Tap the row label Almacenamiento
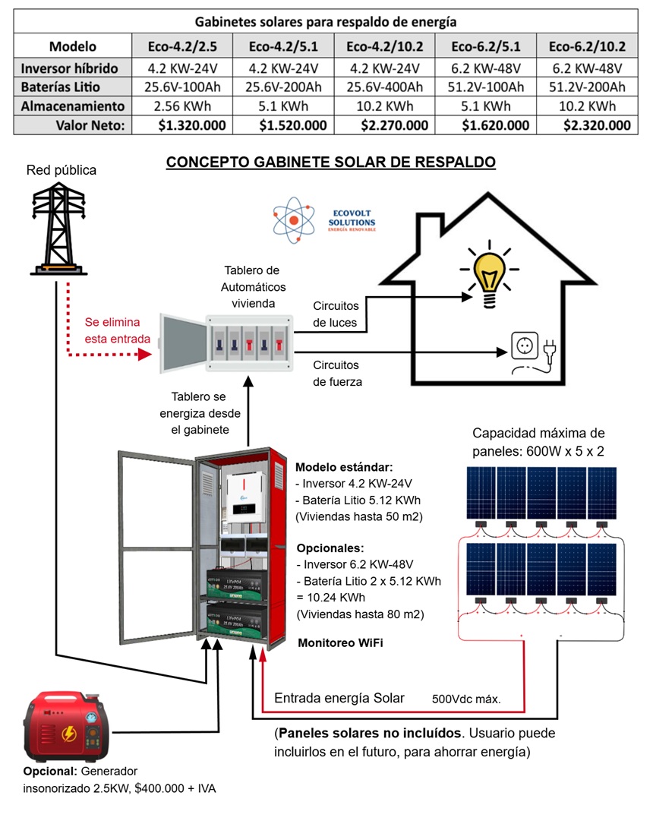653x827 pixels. tap(73, 106)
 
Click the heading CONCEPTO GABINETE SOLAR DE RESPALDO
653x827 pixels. tap(331, 163)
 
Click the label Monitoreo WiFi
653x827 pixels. tap(339, 642)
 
